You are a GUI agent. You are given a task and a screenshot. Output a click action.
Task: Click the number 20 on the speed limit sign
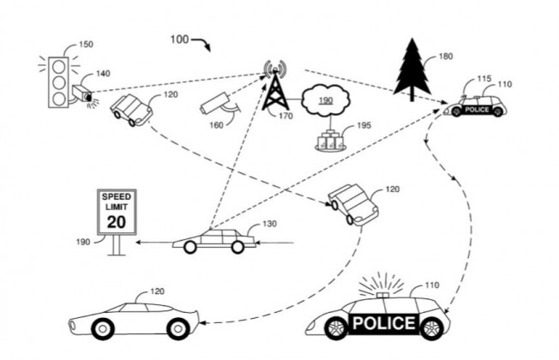117,222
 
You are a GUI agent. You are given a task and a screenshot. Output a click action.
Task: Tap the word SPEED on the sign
117,197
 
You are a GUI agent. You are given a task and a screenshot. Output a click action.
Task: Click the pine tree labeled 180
412,69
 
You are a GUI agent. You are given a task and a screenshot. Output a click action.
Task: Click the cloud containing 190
326,100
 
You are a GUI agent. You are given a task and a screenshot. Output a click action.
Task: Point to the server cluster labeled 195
330,141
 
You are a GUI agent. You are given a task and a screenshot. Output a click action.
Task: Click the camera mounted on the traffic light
82,93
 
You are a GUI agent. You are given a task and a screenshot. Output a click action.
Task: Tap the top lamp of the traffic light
59,67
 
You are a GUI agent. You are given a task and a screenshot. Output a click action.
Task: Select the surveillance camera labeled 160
216,104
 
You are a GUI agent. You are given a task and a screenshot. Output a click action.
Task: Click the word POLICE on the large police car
384,323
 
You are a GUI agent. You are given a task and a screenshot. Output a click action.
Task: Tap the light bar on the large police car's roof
382,294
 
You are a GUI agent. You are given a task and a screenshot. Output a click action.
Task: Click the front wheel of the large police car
336,328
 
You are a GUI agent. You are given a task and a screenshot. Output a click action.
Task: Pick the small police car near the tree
474,106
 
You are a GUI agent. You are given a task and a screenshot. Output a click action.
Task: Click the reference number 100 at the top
179,39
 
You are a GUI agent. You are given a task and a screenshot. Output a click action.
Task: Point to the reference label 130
269,224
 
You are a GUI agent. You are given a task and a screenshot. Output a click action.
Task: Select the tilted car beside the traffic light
131,110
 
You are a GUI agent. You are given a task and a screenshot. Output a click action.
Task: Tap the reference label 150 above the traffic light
86,45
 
